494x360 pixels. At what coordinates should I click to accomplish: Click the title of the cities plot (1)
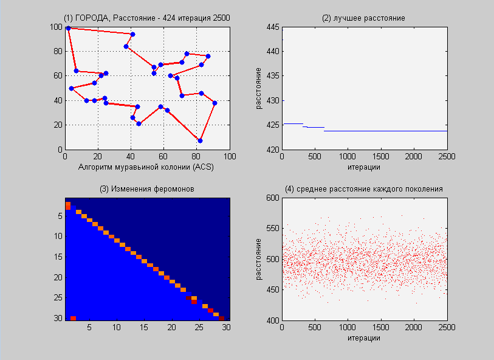[147, 18]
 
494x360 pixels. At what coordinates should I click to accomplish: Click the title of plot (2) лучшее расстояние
[363, 18]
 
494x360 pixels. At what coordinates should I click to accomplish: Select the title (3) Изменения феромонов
[147, 189]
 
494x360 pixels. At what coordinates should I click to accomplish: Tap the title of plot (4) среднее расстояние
[363, 189]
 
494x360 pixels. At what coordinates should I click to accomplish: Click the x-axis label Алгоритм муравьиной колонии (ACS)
[147, 166]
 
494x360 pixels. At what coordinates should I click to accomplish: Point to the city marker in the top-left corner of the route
[68, 28]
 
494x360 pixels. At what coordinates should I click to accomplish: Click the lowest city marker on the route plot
[200, 140]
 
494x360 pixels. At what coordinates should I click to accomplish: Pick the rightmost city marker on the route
[214, 103]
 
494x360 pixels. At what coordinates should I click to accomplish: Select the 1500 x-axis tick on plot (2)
[380, 157]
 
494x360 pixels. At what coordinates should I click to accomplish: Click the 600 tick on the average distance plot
[272, 198]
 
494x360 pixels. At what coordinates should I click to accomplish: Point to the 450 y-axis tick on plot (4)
[272, 289]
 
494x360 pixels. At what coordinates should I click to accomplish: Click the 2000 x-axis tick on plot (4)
[414, 328]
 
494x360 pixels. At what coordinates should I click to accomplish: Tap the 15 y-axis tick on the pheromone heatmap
[58, 257]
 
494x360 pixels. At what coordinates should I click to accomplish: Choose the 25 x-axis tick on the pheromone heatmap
[197, 328]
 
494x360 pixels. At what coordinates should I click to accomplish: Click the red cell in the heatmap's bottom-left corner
[73, 318]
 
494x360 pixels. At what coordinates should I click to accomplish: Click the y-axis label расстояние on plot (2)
[258, 88]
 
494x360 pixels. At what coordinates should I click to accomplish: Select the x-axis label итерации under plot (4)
[363, 337]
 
